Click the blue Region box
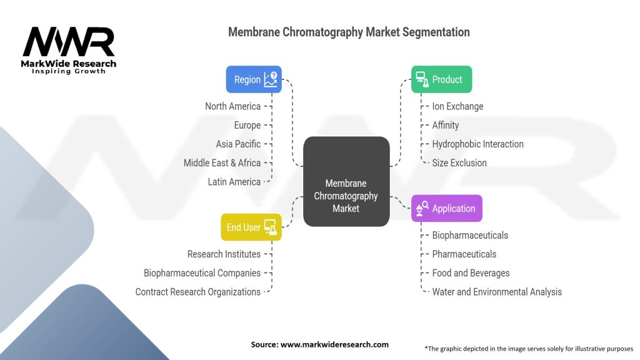tap(254, 79)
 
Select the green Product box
tap(441, 79)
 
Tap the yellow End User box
tap(251, 227)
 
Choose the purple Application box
tap(447, 208)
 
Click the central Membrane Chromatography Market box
tap(346, 181)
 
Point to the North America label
tap(232, 106)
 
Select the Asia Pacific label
tap(238, 144)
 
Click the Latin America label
tap(234, 181)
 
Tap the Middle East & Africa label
tap(222, 162)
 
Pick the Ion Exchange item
tap(457, 106)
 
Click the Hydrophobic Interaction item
tap(477, 144)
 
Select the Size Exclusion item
tap(459, 162)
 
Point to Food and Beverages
tap(471, 272)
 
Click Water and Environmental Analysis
tap(497, 291)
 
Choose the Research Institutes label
tap(224, 254)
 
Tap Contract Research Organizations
tap(197, 291)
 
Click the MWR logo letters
tap(69, 42)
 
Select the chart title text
tap(349, 31)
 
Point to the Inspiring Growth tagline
tap(69, 71)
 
